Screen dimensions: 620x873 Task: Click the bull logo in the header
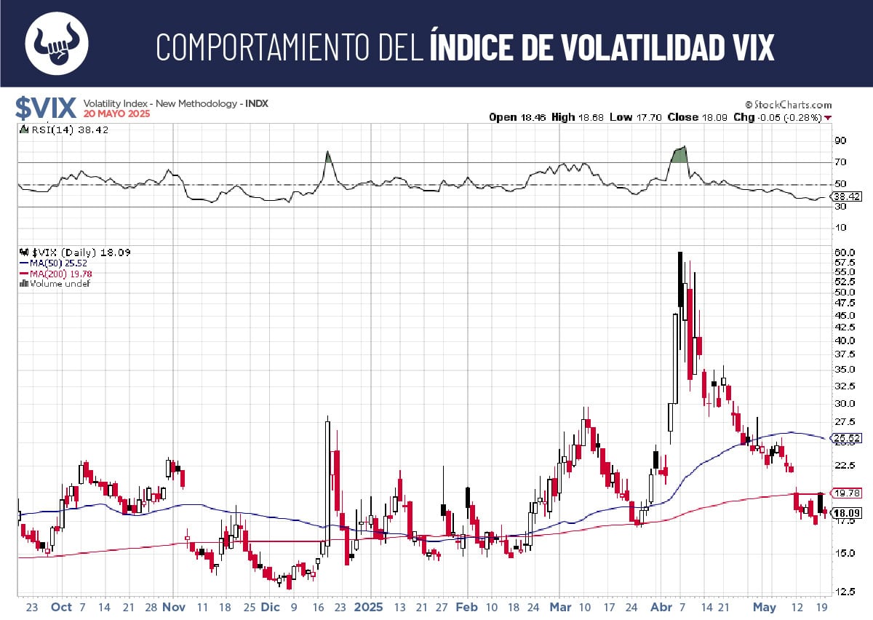(x=57, y=44)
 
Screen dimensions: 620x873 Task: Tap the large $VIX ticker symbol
(x=46, y=108)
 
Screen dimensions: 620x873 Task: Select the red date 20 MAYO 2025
(x=115, y=115)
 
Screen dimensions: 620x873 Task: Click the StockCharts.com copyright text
(x=788, y=105)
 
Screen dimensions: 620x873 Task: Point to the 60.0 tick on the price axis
(x=844, y=252)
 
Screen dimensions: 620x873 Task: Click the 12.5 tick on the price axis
(x=844, y=591)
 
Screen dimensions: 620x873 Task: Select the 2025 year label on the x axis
(x=369, y=607)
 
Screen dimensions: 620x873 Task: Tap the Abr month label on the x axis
(x=661, y=607)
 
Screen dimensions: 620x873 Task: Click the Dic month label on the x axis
(x=270, y=607)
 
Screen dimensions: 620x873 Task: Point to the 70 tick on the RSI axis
(x=840, y=162)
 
